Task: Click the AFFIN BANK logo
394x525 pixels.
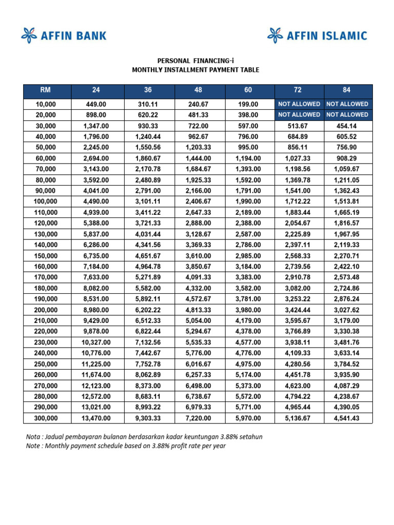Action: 64,35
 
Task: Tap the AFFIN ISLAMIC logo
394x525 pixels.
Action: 317,35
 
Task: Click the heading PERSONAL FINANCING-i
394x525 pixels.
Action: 195,60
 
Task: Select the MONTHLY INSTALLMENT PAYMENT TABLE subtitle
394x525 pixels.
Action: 195,70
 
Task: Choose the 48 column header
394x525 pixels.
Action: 198,90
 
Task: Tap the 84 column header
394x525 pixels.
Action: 347,90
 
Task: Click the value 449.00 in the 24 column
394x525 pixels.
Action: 96,104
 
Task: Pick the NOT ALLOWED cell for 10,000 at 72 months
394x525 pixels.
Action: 299,104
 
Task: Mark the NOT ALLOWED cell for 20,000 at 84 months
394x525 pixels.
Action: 347,115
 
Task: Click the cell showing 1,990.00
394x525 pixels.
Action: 248,201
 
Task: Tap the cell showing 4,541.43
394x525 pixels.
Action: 347,418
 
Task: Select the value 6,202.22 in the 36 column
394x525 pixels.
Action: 148,310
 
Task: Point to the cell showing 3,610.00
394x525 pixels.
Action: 198,255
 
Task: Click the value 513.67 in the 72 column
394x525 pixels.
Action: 299,126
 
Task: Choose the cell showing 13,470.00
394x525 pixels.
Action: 96,418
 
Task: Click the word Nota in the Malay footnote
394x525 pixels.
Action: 34,437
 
